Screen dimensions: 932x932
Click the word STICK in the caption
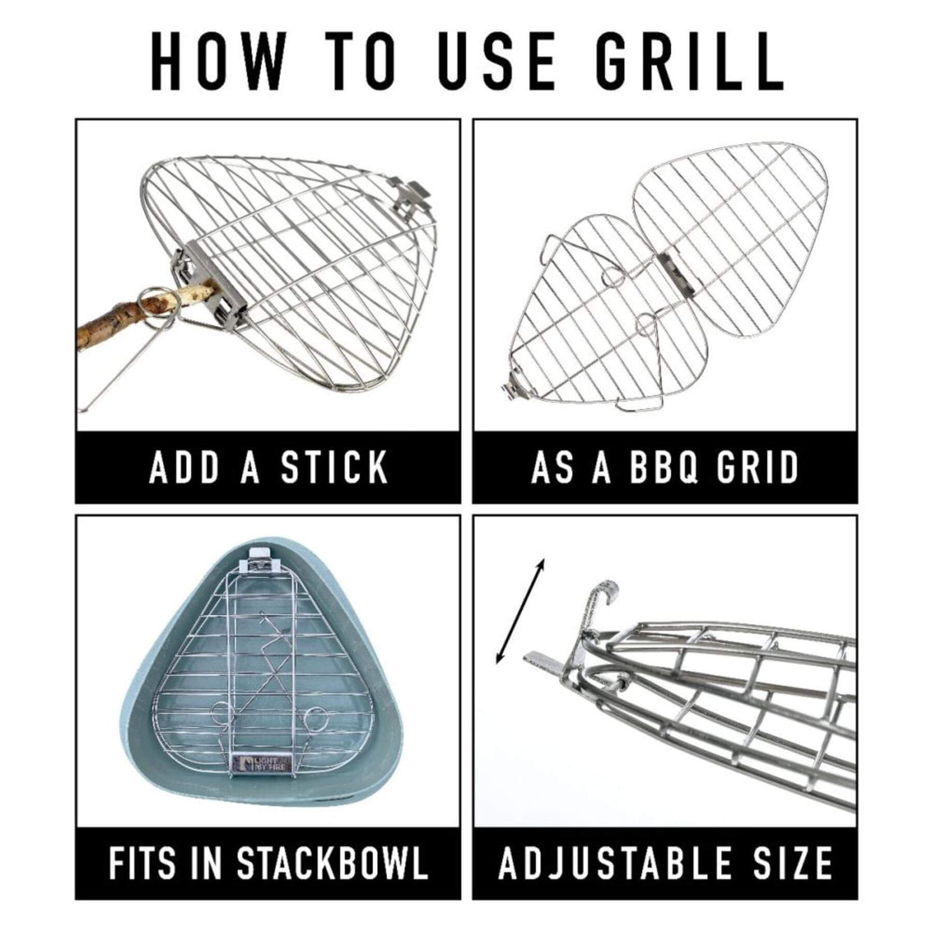(x=334, y=468)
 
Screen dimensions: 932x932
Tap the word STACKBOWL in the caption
(x=331, y=862)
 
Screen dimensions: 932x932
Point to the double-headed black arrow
(x=520, y=610)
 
